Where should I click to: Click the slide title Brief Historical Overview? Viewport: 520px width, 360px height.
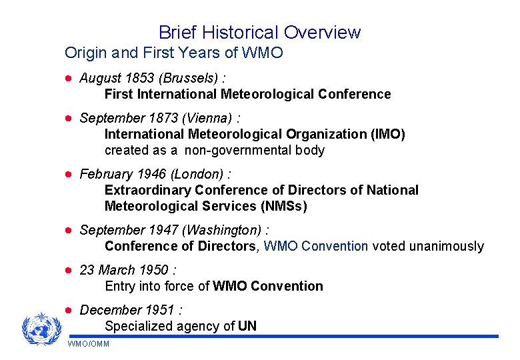(x=259, y=32)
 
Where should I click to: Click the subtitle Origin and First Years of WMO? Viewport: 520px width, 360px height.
(x=173, y=52)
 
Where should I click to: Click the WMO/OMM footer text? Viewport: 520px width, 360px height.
(x=89, y=344)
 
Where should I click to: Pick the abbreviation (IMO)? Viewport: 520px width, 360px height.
(x=387, y=134)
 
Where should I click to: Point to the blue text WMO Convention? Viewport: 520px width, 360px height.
(x=316, y=246)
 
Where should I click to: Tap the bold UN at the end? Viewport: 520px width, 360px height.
(x=247, y=326)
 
